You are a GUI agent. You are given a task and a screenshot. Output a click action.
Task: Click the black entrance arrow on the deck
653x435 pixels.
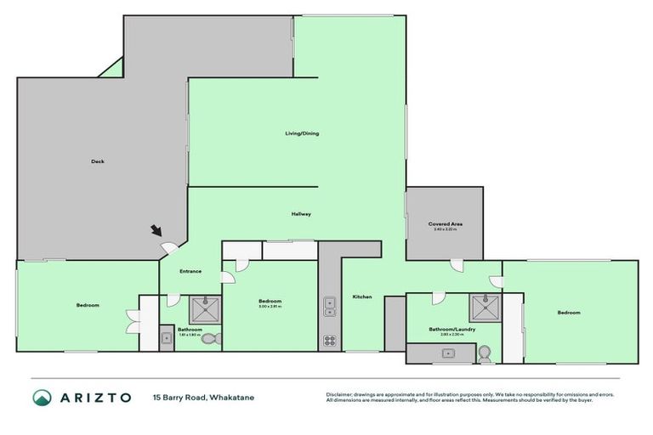click(156, 230)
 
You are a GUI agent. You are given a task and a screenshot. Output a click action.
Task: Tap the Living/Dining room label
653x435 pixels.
click(302, 133)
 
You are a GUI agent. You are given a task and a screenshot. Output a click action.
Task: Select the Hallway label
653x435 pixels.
click(300, 214)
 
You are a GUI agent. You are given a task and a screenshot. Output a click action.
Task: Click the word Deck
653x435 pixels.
click(98, 161)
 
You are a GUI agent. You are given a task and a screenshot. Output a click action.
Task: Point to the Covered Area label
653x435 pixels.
click(445, 223)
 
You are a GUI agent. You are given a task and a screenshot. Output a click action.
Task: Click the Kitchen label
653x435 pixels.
click(362, 297)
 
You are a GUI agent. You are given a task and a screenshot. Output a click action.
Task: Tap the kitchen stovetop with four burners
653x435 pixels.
click(329, 342)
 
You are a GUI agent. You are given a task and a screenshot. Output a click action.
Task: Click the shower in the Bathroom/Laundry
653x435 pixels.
click(485, 307)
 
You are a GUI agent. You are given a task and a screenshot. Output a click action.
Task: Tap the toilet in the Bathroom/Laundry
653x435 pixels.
click(485, 353)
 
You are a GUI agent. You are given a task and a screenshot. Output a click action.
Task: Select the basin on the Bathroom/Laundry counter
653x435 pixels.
click(446, 353)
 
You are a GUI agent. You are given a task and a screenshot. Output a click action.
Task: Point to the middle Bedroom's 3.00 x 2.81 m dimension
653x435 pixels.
click(270, 308)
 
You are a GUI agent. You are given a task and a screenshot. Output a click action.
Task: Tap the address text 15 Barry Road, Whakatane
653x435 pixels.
click(203, 397)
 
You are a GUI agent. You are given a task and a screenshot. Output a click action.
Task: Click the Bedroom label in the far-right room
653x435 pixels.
click(568, 313)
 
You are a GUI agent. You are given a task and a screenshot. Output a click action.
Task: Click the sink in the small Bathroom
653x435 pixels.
click(167, 338)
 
